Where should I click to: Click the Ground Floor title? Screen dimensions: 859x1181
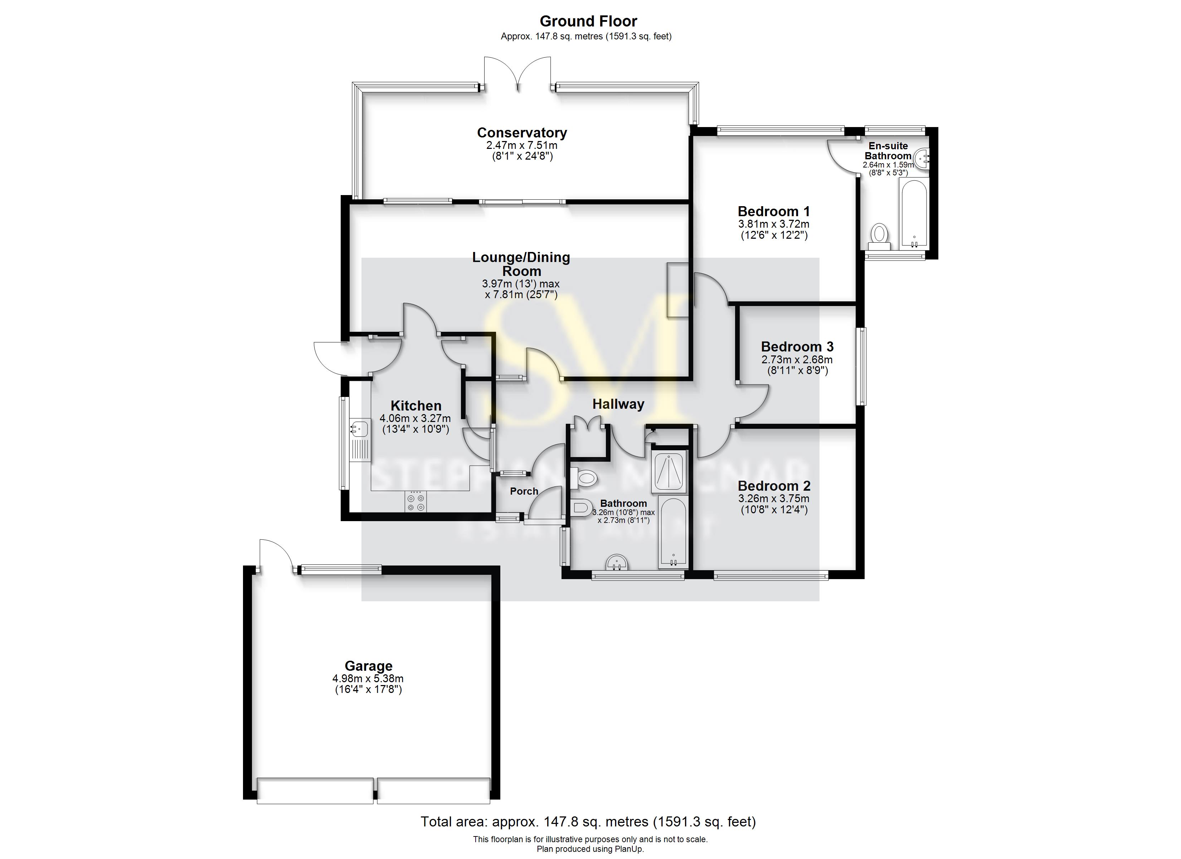coord(588,21)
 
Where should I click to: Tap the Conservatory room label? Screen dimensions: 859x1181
coord(522,133)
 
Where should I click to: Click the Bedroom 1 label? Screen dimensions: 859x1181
coord(773,212)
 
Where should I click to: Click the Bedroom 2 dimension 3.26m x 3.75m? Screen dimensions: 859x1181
coord(774,499)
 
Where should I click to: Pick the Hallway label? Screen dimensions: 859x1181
coord(618,404)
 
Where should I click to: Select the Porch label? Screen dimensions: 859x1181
coord(524,491)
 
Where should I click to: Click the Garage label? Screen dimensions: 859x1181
coord(368,666)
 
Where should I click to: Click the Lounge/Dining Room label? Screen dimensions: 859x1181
coord(521,264)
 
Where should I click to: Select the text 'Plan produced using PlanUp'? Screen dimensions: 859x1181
coord(590,849)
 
